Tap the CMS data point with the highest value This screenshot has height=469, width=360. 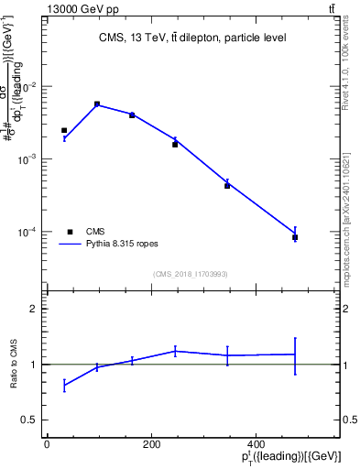click(x=97, y=104)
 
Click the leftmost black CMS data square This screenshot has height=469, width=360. click(x=64, y=130)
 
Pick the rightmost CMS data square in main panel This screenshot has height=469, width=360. click(x=295, y=237)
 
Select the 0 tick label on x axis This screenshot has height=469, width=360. click(x=47, y=444)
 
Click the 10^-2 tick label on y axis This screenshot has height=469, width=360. click(x=28, y=87)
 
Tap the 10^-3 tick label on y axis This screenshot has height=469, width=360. click(x=28, y=159)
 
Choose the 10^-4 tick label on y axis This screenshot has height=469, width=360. click(x=28, y=232)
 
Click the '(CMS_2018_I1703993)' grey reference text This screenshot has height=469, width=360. click(x=190, y=273)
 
